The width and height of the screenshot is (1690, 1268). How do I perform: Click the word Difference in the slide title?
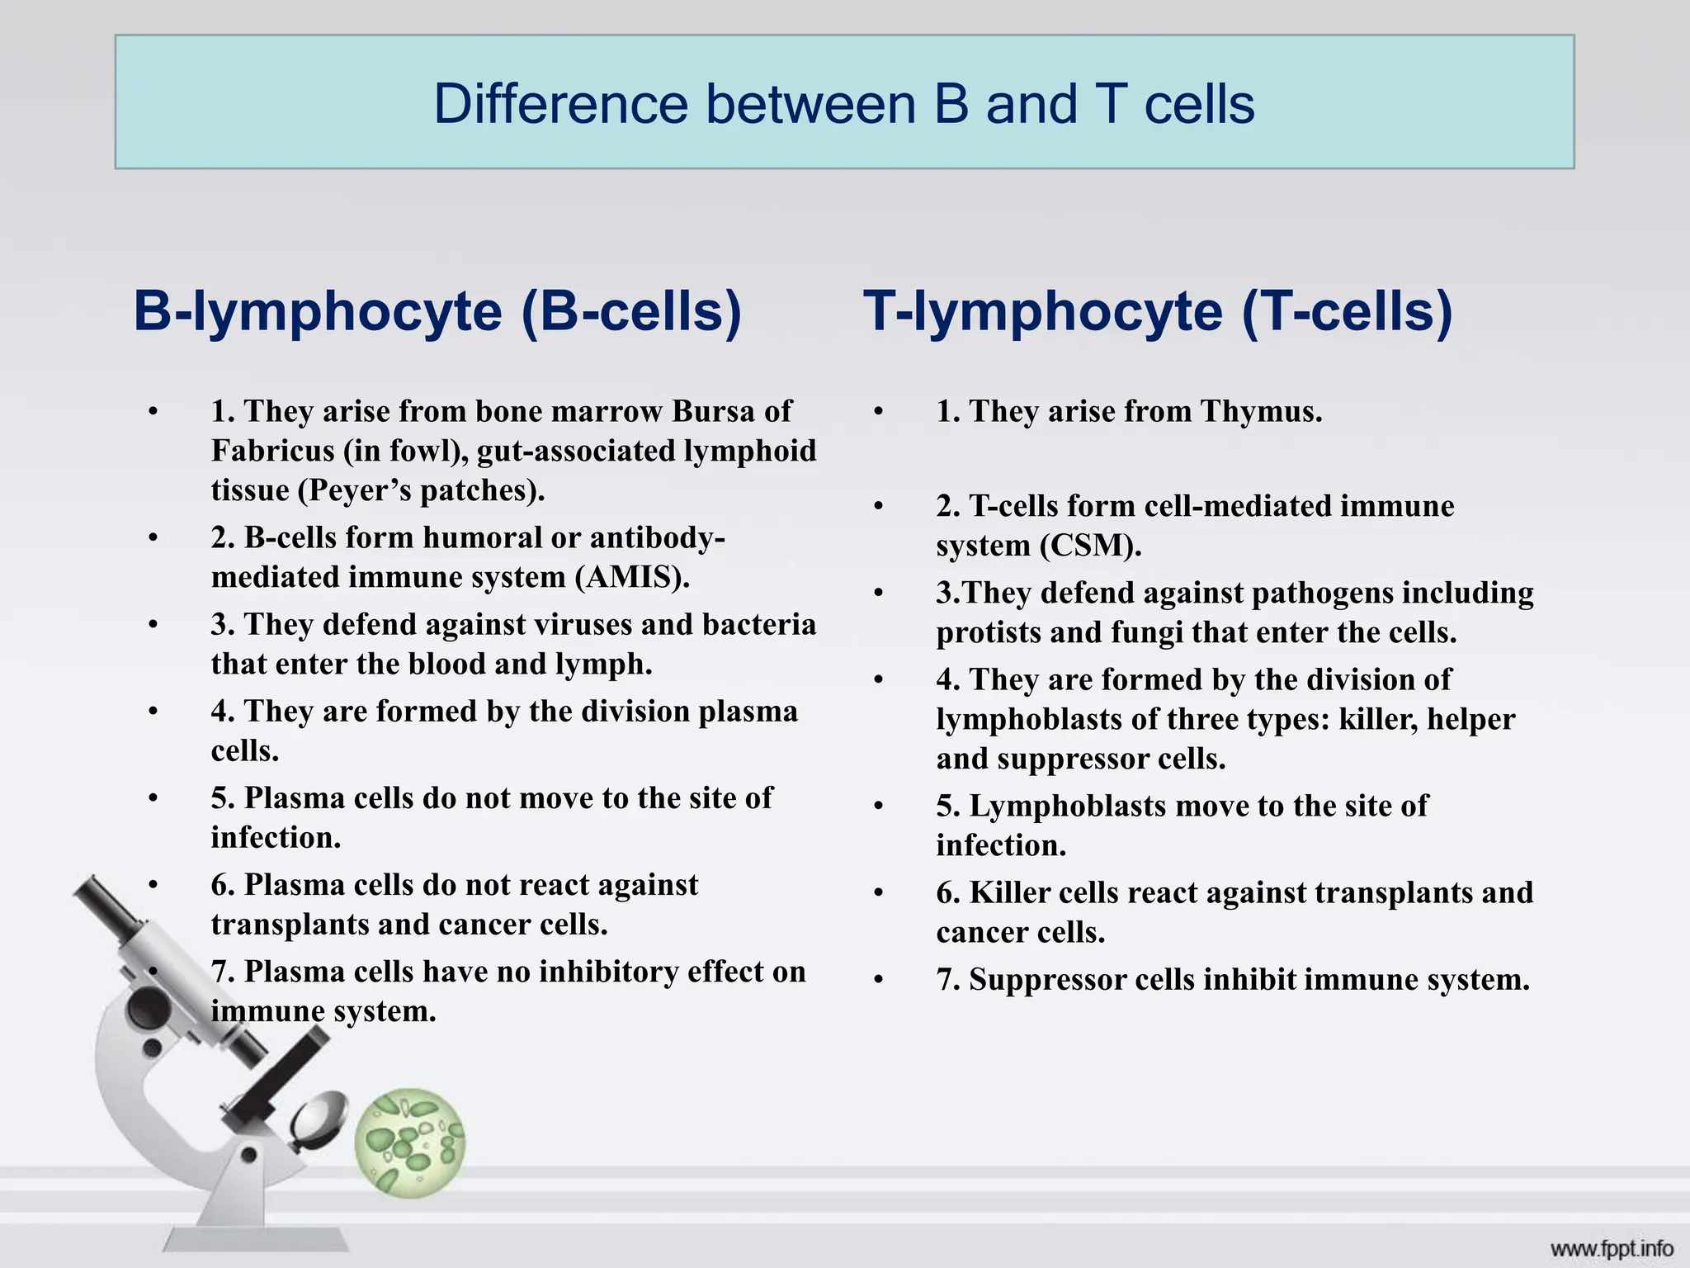tap(560, 105)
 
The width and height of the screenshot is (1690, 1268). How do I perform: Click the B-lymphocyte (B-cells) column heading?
tap(437, 312)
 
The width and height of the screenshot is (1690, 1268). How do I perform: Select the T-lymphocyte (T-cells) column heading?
tap(1158, 312)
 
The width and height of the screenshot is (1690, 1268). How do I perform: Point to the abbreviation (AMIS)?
tap(632, 577)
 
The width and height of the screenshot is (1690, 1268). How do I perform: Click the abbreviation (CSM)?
tap(1090, 546)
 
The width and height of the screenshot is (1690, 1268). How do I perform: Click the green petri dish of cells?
tap(410, 1143)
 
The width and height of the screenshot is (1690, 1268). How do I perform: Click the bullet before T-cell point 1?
tap(879, 411)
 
